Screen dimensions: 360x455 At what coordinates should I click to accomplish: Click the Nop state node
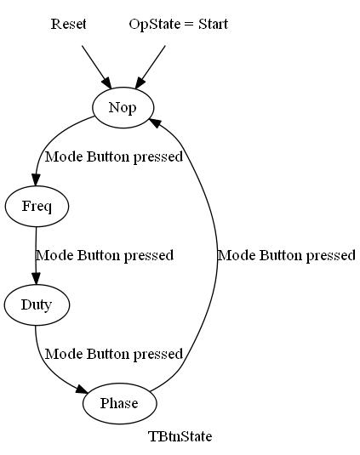(x=123, y=107)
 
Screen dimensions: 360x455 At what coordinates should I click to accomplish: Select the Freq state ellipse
(x=37, y=206)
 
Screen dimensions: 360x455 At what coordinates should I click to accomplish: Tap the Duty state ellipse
(x=37, y=304)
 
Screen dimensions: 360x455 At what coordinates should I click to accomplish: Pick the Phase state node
(x=120, y=403)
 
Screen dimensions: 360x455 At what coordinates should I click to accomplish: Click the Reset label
(x=69, y=24)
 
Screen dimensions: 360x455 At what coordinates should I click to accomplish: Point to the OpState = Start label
(x=179, y=24)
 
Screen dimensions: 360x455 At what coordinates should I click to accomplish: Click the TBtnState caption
(x=180, y=436)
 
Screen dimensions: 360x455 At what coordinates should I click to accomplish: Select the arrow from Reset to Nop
(x=96, y=67)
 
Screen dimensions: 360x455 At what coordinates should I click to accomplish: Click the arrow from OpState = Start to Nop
(x=150, y=67)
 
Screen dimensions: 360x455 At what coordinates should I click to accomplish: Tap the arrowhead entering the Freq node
(x=36, y=180)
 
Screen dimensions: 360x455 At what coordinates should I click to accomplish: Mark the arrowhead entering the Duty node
(x=36, y=279)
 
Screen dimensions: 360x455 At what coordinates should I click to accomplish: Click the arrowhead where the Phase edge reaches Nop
(x=155, y=122)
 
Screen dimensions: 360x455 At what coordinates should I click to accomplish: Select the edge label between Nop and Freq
(x=114, y=157)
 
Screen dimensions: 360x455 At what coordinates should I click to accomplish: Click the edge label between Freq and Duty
(x=105, y=256)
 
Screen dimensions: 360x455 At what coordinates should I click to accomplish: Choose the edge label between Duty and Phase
(x=114, y=355)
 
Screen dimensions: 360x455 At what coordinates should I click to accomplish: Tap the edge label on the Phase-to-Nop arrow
(x=287, y=256)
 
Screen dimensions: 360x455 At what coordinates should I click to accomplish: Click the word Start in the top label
(x=214, y=24)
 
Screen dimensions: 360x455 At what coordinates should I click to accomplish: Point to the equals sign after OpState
(x=189, y=25)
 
